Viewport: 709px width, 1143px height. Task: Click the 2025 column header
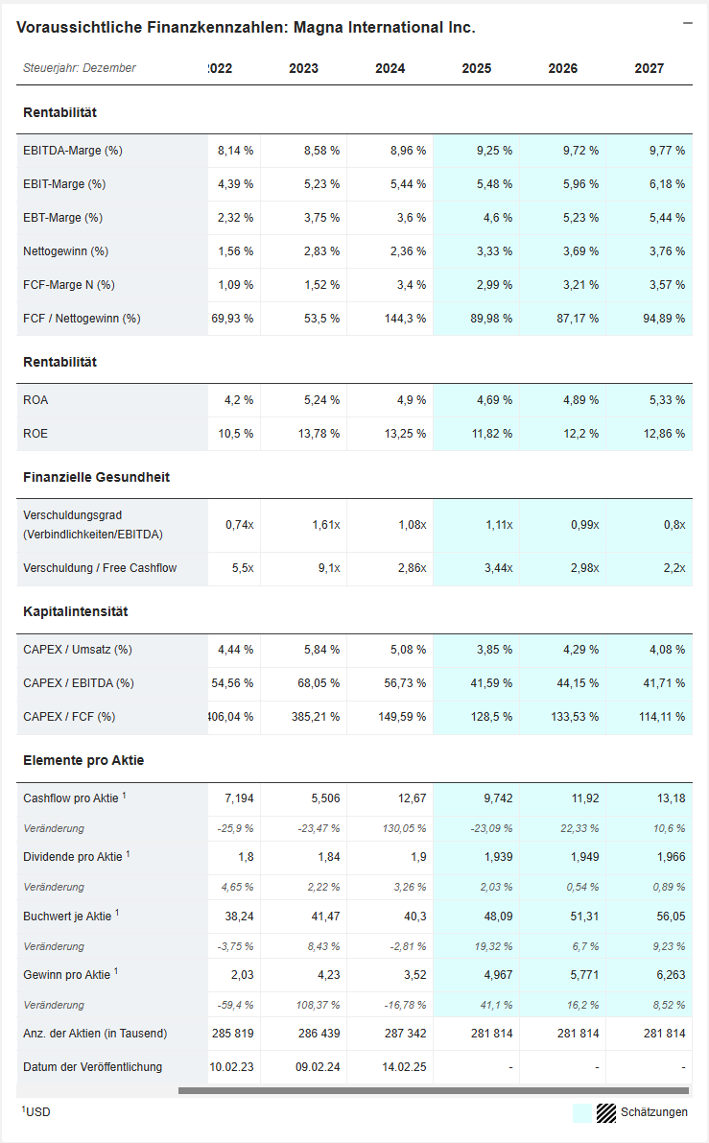pyautogui.click(x=476, y=68)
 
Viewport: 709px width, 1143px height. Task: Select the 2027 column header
pyautogui.click(x=649, y=68)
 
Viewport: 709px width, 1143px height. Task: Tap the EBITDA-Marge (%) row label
pyautogui.click(x=73, y=151)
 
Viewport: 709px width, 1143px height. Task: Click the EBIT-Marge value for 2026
pyautogui.click(x=579, y=184)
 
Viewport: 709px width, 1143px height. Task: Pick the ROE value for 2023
pyautogui.click(x=320, y=434)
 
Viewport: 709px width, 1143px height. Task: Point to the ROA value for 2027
pyautogui.click(x=666, y=400)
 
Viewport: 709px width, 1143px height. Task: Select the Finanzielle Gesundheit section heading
pyautogui.click(x=96, y=477)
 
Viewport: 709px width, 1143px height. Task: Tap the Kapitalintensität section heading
pyautogui.click(x=76, y=611)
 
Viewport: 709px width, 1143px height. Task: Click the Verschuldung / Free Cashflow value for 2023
pyautogui.click(x=325, y=568)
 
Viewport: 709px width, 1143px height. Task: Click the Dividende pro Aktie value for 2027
pyautogui.click(x=669, y=857)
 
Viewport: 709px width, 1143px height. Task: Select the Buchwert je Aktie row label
pyautogui.click(x=68, y=917)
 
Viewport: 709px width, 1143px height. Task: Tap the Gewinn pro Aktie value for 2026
pyautogui.click(x=581, y=975)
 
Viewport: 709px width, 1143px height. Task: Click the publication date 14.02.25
pyautogui.click(x=404, y=1067)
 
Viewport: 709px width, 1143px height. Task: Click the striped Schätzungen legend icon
pyautogui.click(x=605, y=1112)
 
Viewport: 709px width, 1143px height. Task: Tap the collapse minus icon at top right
pyautogui.click(x=687, y=23)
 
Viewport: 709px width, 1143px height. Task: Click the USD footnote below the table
pyautogui.click(x=36, y=1111)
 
